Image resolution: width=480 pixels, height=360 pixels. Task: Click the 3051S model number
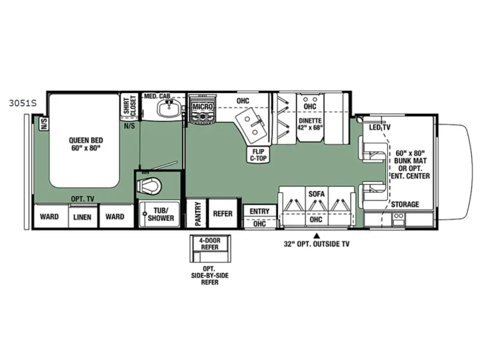click(23, 103)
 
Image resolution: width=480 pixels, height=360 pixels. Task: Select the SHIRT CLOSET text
click(130, 106)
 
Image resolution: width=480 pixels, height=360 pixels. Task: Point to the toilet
click(149, 185)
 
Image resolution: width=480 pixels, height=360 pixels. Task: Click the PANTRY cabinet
click(197, 213)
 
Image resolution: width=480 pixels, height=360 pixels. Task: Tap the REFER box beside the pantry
click(223, 213)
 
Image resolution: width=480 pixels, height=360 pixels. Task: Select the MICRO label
click(202, 107)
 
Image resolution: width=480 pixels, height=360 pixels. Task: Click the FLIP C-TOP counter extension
click(259, 155)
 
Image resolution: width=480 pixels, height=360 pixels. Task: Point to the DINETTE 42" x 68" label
click(310, 124)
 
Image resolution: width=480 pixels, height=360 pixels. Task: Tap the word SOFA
click(317, 194)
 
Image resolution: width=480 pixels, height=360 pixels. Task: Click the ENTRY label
click(260, 211)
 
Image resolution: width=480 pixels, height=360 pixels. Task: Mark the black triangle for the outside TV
click(317, 236)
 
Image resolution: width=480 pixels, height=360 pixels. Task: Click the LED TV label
click(380, 127)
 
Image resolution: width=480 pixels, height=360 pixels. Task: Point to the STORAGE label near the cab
click(405, 204)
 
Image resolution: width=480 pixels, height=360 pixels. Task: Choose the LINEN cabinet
click(82, 217)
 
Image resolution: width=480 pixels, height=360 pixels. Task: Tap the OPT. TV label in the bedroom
click(83, 199)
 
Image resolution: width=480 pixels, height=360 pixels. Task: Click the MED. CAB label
click(157, 96)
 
